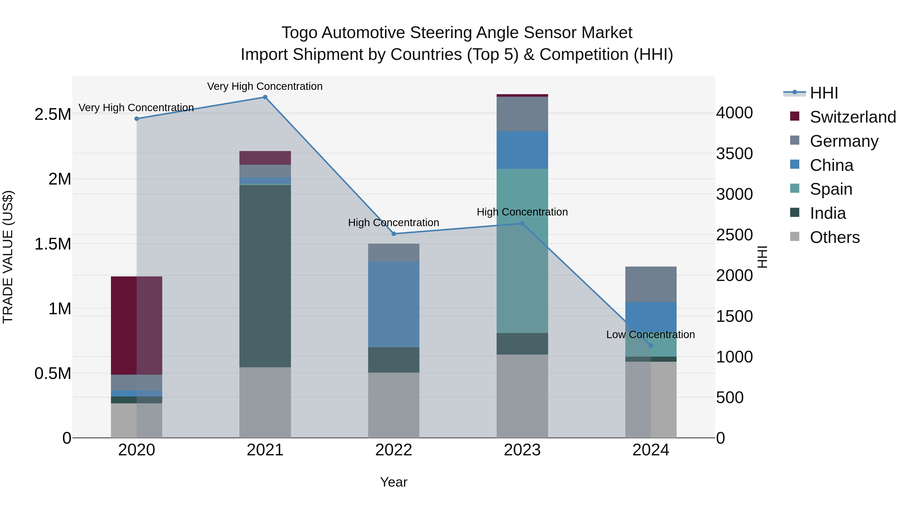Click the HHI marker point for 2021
pyautogui.click(x=265, y=97)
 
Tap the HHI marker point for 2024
pyautogui.click(x=651, y=345)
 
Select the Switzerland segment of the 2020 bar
pyautogui.click(x=137, y=325)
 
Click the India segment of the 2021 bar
pyautogui.click(x=265, y=276)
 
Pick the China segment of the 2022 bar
pyautogui.click(x=394, y=304)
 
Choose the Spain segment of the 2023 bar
pyautogui.click(x=522, y=251)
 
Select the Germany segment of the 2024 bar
pyautogui.click(x=651, y=284)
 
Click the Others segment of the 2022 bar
pyautogui.click(x=394, y=405)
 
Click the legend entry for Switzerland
pyautogui.click(x=853, y=117)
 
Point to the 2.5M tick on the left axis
pyautogui.click(x=53, y=114)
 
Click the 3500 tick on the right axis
pyautogui.click(x=734, y=154)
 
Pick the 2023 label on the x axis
pyautogui.click(x=522, y=450)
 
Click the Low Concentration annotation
pyautogui.click(x=650, y=335)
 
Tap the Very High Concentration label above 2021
pyautogui.click(x=265, y=86)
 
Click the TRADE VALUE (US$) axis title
pyautogui.click(x=8, y=257)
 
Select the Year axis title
pyautogui.click(x=394, y=482)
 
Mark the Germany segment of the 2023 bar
pyautogui.click(x=522, y=114)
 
